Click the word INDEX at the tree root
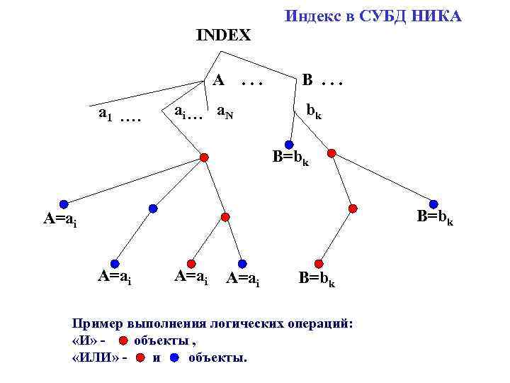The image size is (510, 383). point(223,35)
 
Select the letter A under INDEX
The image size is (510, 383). point(219,79)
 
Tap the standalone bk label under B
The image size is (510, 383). point(313,111)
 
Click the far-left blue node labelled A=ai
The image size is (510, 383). point(64,204)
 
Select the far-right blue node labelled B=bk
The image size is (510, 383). point(433,204)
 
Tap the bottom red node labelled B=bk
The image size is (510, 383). point(319,262)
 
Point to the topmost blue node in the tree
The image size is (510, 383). point(289,145)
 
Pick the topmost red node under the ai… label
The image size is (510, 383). point(204,157)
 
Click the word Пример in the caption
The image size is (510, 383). point(98,323)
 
